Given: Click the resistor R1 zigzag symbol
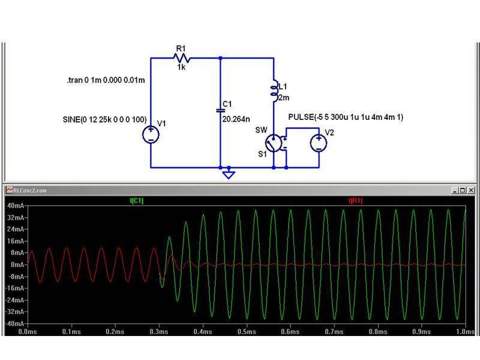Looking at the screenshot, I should tap(181, 58).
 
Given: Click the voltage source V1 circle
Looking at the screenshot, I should tap(151, 134).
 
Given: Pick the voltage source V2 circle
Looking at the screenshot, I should tap(317, 142).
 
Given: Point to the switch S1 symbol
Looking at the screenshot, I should tap(274, 143).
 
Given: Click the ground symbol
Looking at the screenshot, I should tap(227, 174).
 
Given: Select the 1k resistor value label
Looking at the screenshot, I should tap(181, 68).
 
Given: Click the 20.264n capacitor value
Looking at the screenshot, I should tap(235, 119).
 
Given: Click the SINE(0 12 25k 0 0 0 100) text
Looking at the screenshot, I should tap(104, 119).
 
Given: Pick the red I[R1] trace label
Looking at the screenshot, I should tap(355, 200).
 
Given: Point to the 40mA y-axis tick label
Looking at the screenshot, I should tap(14, 206).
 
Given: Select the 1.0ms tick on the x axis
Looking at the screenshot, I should tap(464, 331).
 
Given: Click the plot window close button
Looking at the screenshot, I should tap(471, 190).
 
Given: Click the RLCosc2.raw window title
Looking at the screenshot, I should tap(30, 190).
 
